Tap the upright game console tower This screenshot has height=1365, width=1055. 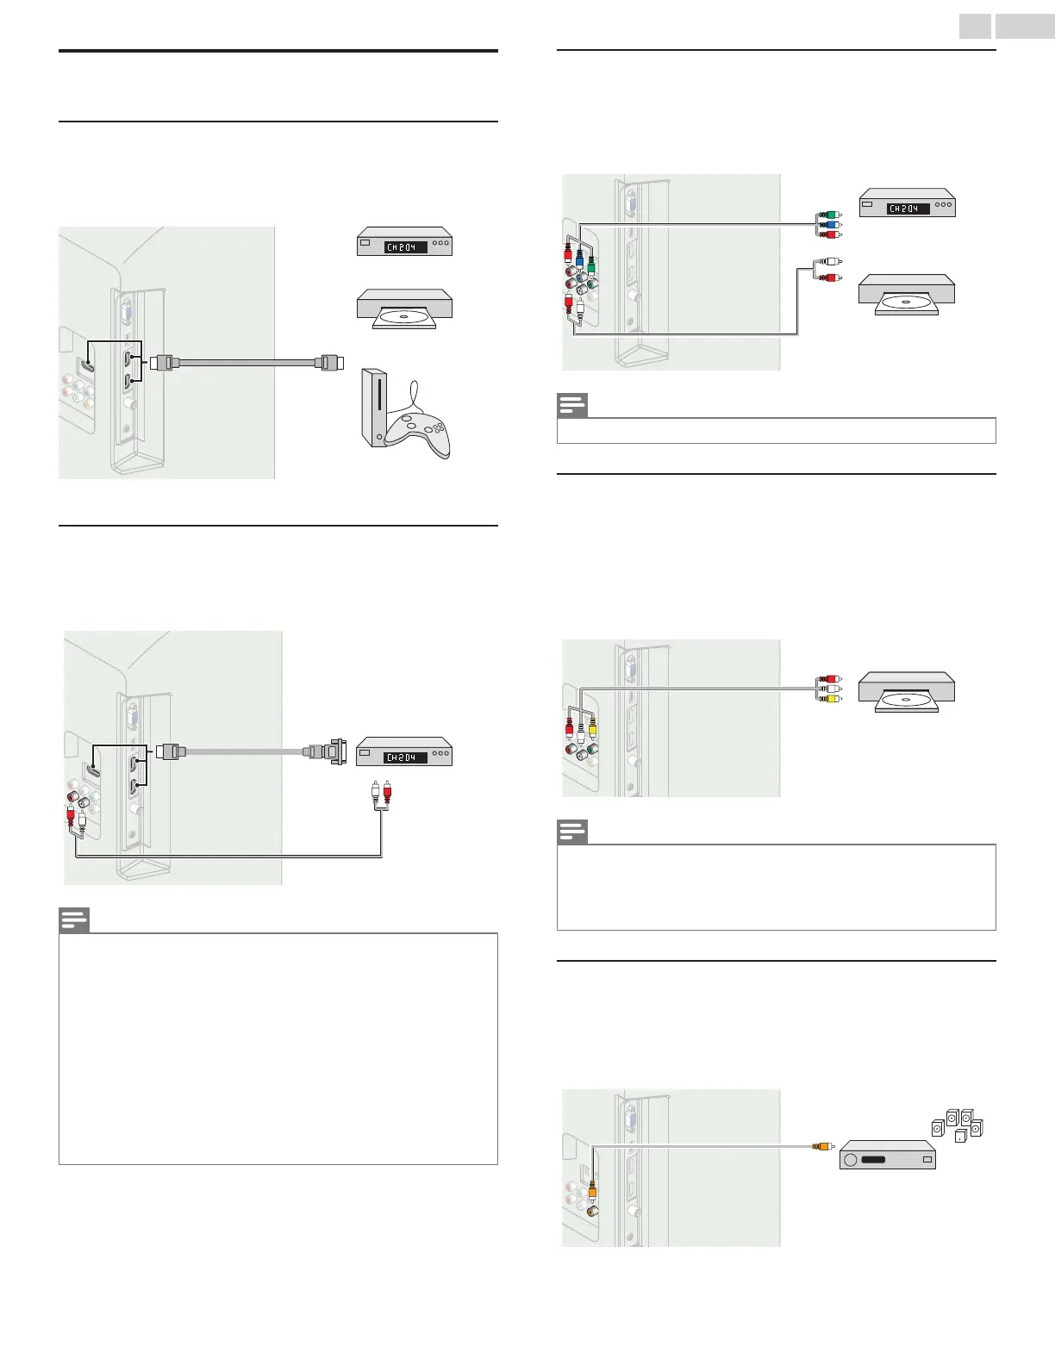[375, 408]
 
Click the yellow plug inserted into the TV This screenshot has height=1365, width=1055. [592, 729]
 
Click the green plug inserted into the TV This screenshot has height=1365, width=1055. [592, 264]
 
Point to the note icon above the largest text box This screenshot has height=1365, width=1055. [74, 920]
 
